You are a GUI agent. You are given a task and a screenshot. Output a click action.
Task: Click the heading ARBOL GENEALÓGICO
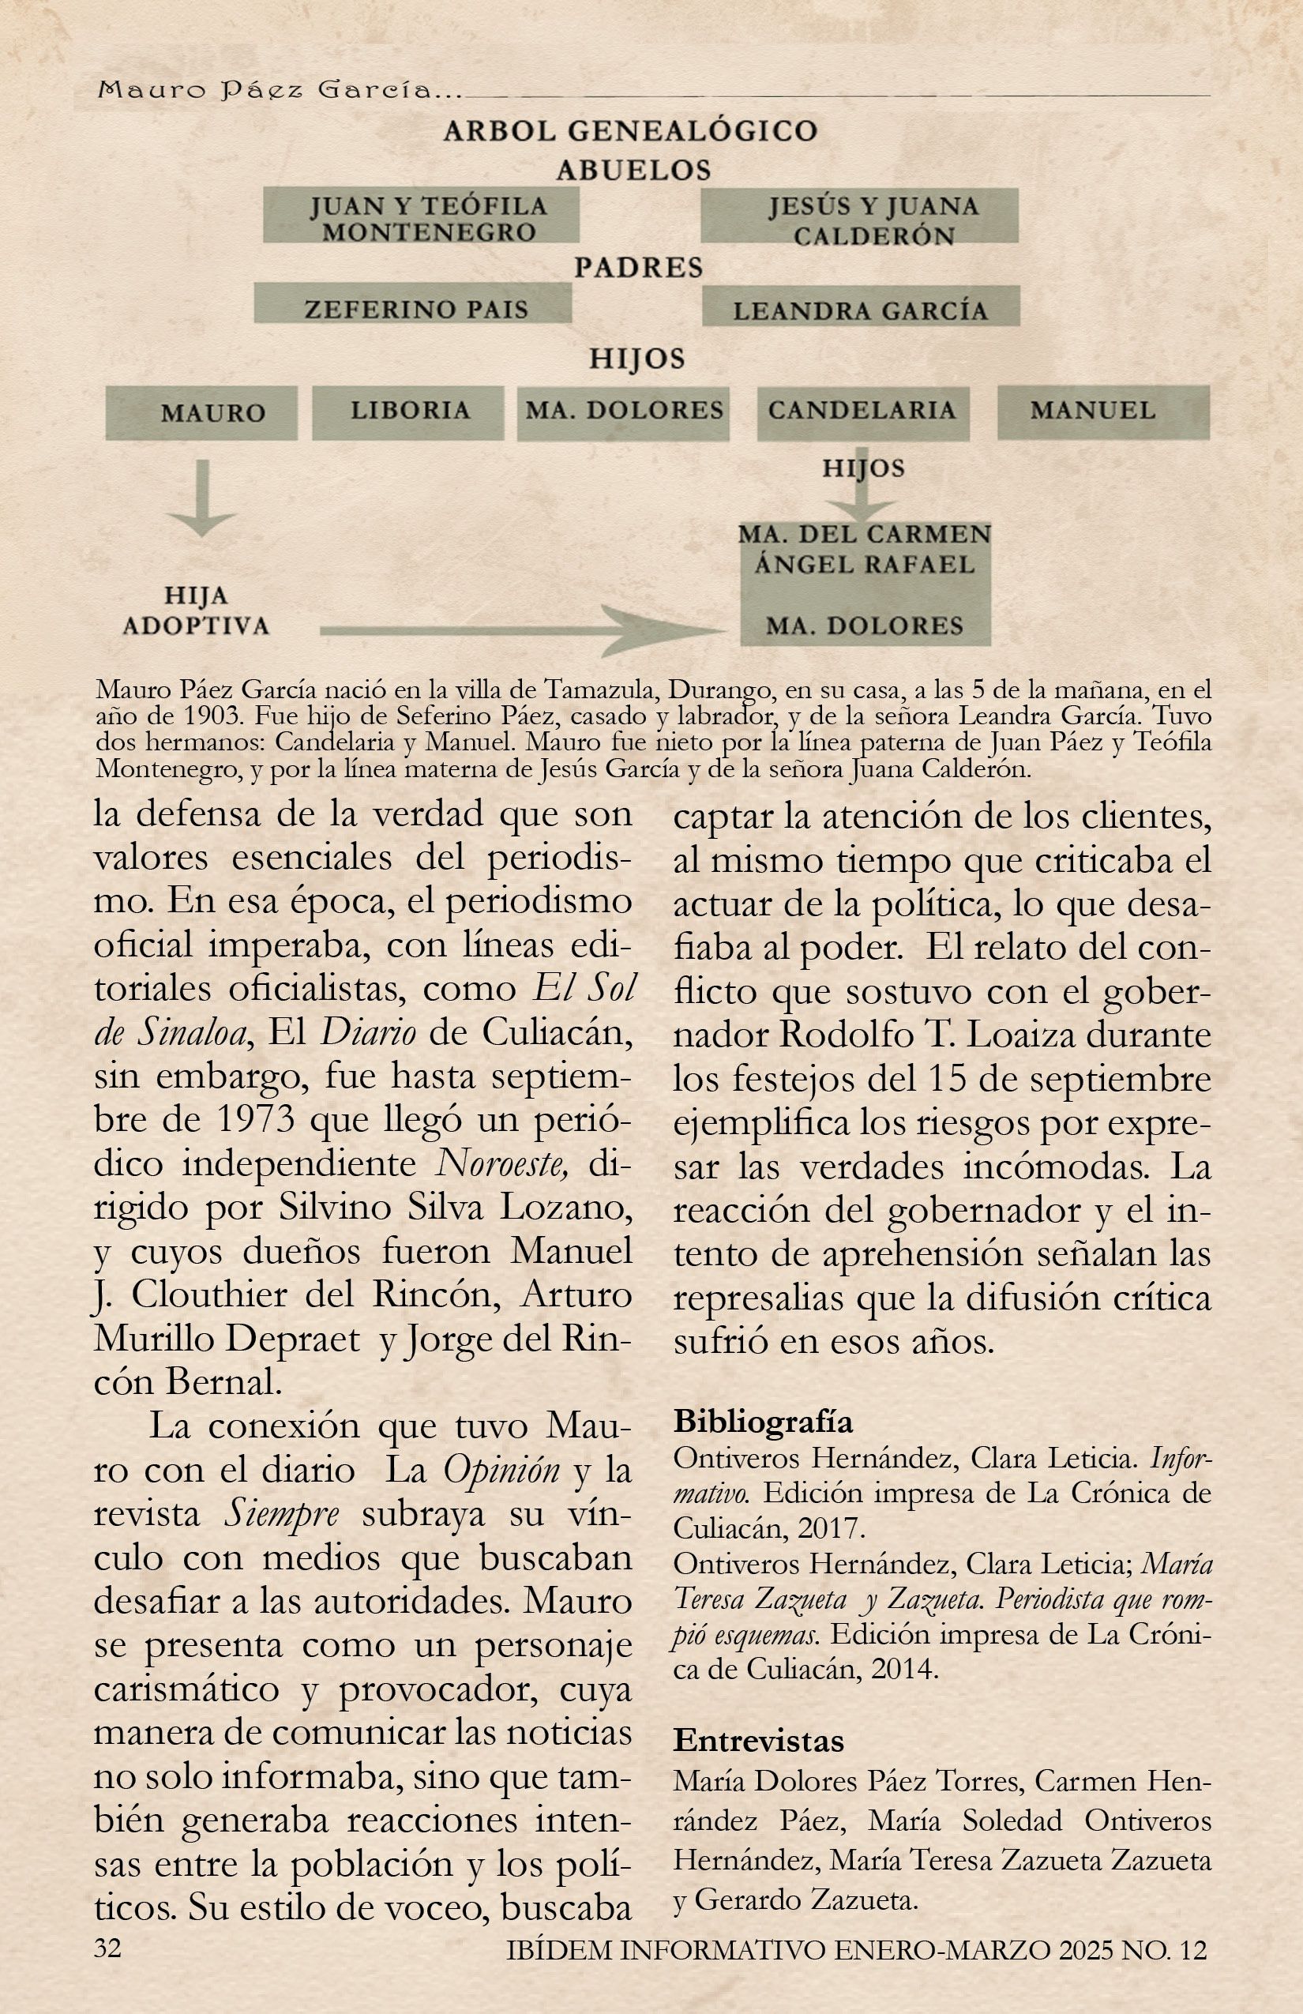(630, 131)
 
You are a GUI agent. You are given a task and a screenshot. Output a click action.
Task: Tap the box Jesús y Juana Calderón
(860, 220)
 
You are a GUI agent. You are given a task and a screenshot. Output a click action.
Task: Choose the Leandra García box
(861, 310)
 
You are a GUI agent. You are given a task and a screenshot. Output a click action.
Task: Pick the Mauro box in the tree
(201, 413)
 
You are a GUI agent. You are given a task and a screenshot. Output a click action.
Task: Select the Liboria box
(407, 411)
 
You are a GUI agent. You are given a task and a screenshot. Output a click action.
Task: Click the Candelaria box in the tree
(862, 411)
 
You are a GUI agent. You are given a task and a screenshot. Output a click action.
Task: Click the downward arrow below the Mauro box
(201, 502)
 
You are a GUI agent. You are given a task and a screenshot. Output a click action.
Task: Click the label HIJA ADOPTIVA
(196, 611)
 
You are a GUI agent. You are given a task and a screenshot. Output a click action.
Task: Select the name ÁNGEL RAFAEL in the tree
(864, 565)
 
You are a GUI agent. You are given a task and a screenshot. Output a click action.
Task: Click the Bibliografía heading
(762, 1422)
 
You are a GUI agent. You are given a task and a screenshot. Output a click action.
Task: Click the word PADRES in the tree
(639, 268)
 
